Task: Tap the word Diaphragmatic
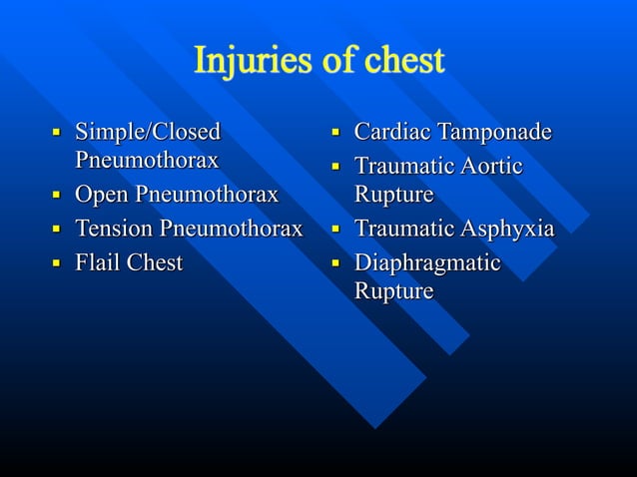427,263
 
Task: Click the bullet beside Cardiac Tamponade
336,133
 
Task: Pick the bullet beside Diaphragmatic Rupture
336,263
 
